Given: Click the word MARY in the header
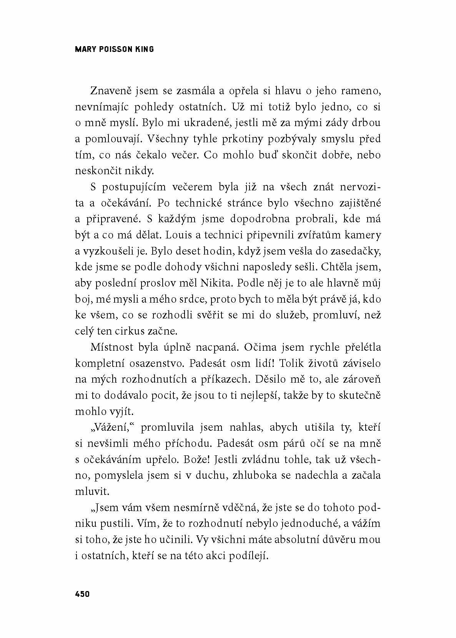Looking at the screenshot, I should coord(85,49).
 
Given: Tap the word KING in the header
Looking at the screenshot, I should coord(145,49).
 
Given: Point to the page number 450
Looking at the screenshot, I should coord(82,594).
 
